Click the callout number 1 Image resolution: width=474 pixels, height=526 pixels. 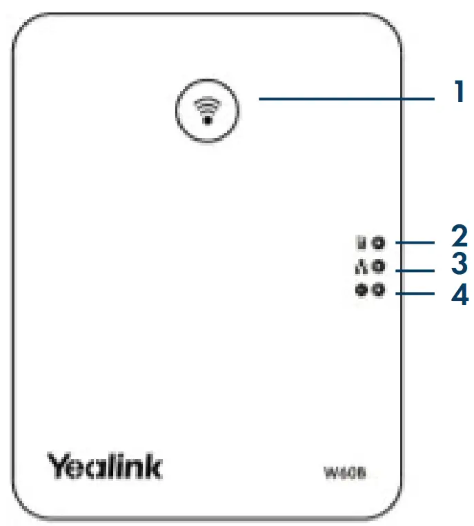(x=458, y=92)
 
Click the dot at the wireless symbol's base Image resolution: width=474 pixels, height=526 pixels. (x=206, y=118)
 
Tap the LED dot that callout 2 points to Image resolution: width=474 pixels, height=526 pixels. (x=377, y=242)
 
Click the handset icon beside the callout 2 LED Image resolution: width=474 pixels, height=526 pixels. (x=360, y=242)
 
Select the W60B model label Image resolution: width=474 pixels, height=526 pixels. (x=339, y=473)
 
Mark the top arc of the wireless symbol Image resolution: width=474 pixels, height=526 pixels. (x=206, y=101)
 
